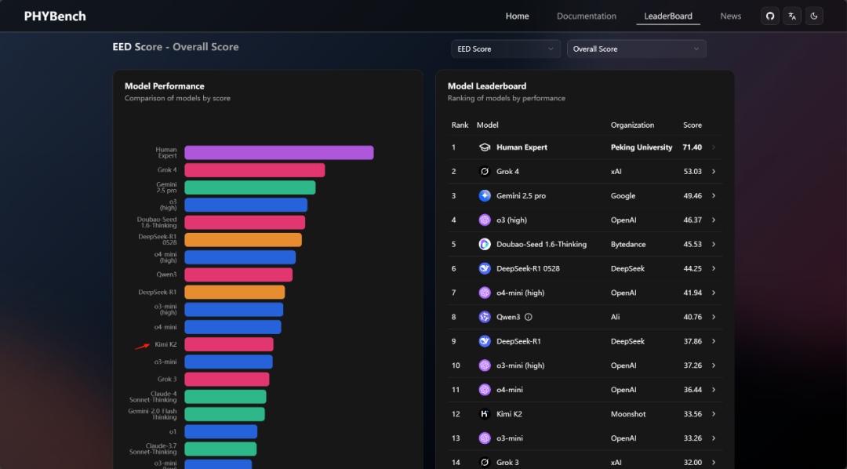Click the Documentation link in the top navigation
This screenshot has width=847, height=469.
point(586,16)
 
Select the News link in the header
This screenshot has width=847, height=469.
point(730,16)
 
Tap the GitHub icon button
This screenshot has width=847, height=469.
point(770,16)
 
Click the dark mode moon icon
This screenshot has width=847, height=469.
point(814,16)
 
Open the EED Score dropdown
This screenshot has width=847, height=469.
point(506,49)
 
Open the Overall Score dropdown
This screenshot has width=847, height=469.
point(636,49)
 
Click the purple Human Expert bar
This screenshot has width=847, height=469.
point(278,153)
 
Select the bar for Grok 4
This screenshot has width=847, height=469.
point(254,170)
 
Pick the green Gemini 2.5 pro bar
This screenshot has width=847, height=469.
point(249,187)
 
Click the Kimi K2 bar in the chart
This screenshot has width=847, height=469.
point(228,344)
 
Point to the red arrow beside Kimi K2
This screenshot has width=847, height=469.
point(142,345)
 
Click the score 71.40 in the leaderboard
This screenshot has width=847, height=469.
point(692,147)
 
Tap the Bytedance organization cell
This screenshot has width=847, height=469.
point(628,244)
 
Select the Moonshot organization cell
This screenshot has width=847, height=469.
point(629,414)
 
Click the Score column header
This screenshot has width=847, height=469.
point(692,125)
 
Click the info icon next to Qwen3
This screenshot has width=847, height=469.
point(529,317)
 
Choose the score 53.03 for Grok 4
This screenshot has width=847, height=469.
point(692,172)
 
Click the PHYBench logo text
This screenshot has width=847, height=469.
point(55,16)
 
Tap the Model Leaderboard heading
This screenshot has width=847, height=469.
point(486,86)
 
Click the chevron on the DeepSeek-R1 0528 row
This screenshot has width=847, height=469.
point(714,268)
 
